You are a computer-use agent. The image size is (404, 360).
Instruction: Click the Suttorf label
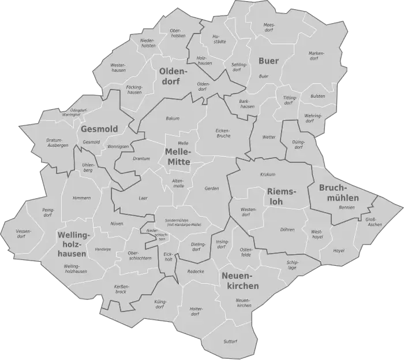point(230,342)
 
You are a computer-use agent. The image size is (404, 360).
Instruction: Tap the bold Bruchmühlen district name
point(339,193)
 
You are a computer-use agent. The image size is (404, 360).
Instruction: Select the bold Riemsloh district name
point(282,197)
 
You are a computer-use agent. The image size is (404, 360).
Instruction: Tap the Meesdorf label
point(269,28)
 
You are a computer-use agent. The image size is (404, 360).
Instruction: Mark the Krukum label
point(267,174)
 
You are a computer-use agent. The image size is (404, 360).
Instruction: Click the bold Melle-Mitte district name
point(178,157)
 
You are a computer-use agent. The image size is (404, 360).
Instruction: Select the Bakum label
point(173,118)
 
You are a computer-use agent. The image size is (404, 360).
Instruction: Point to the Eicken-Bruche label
point(223,133)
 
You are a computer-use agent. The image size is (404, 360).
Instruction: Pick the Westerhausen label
point(118,68)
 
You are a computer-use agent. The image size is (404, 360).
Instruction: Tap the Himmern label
point(81,198)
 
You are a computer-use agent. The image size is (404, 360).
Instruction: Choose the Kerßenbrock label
point(121,289)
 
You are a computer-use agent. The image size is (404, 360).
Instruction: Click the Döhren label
point(287,230)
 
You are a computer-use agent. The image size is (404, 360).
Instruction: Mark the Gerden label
point(211,189)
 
